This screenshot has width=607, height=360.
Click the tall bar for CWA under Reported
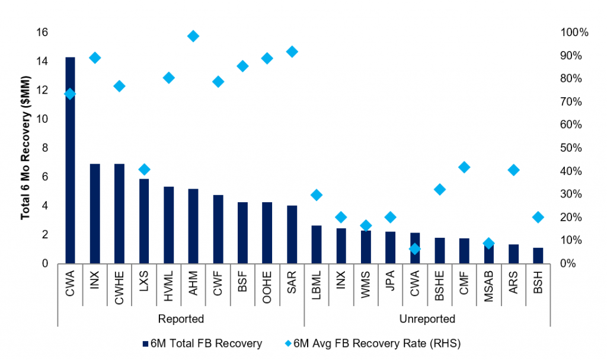click(70, 160)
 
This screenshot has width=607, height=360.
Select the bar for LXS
click(144, 221)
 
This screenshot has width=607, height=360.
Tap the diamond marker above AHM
click(193, 36)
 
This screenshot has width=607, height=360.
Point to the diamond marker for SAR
click(292, 52)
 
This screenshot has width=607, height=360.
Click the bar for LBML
click(317, 244)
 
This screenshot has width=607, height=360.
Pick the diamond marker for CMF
click(464, 167)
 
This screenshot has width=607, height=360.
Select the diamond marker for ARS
click(513, 170)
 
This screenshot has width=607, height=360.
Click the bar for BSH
click(538, 256)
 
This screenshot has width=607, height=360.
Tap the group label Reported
click(181, 319)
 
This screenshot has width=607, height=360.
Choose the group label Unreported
click(427, 319)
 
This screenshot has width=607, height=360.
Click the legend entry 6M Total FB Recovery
click(202, 343)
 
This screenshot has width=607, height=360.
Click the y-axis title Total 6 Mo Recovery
click(25, 148)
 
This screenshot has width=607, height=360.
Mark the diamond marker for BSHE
click(439, 189)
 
